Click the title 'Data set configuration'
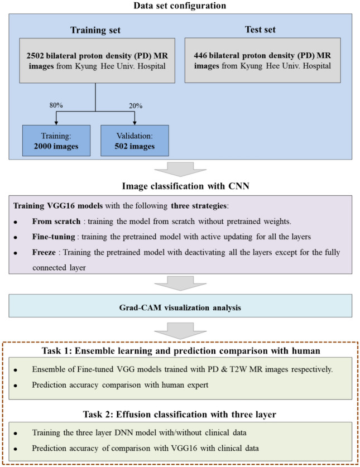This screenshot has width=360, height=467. click(180, 6)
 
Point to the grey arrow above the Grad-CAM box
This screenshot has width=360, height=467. click(180, 285)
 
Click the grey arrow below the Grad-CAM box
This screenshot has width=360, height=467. click(180, 330)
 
